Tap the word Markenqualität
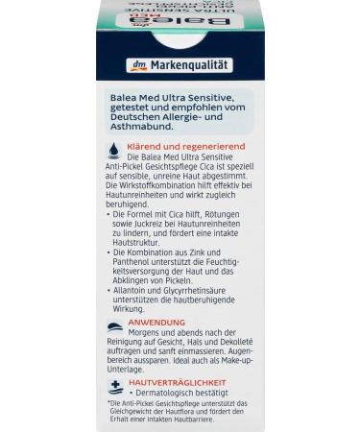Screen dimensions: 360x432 (191, 65)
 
